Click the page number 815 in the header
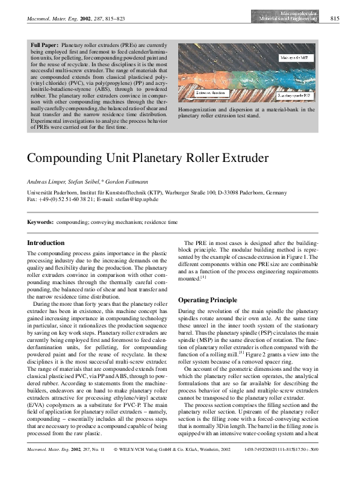pyautogui.click(x=335, y=19)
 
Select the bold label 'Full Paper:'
pyautogui.click(x=45, y=45)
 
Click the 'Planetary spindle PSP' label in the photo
pyautogui.click(x=293, y=95)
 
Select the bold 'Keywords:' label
pyautogui.click(x=41, y=222)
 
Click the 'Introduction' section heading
pyautogui.click(x=47, y=243)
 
